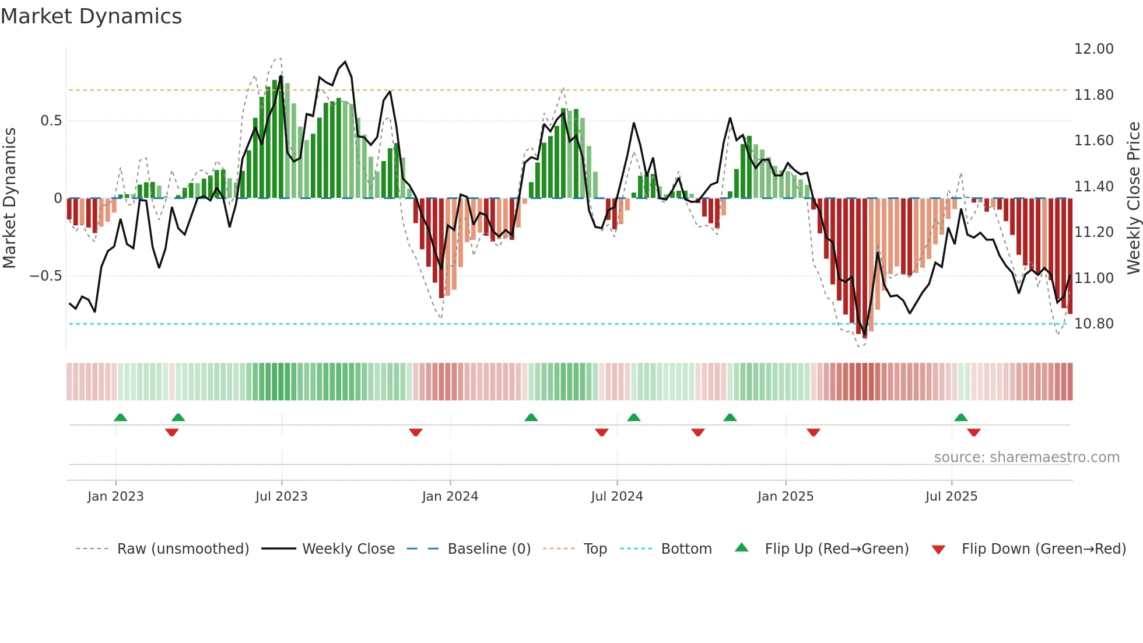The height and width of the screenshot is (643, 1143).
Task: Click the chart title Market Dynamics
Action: [x=91, y=16]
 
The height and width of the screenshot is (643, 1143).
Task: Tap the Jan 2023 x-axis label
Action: [x=115, y=497]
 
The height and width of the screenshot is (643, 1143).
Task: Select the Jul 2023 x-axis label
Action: [x=281, y=497]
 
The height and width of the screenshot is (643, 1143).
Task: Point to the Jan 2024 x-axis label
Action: [x=450, y=497]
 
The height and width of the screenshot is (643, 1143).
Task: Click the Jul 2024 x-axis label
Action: [x=616, y=497]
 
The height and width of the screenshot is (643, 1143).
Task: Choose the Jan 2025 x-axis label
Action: [x=785, y=497]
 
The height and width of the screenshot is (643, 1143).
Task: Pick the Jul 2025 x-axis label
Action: [x=951, y=497]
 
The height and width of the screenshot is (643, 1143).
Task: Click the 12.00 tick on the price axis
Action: [x=1093, y=49]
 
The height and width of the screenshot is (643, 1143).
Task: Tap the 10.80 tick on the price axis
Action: [x=1093, y=324]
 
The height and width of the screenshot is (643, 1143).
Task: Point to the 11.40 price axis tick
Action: [x=1093, y=187]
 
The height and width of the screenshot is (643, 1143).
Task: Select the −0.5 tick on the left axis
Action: [x=45, y=276]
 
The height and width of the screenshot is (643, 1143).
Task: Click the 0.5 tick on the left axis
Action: [x=51, y=121]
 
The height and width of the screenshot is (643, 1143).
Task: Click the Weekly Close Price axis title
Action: [x=1133, y=198]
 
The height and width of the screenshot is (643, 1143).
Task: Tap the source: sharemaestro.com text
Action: [x=1026, y=457]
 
